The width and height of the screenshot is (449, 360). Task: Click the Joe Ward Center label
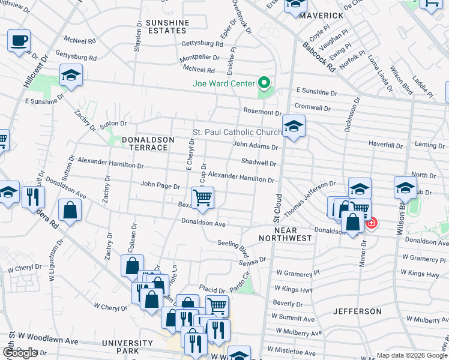[222, 83]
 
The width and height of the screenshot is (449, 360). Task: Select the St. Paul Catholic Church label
[237, 132]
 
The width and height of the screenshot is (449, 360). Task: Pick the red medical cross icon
[371, 223]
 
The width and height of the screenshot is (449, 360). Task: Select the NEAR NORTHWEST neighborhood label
[285, 234]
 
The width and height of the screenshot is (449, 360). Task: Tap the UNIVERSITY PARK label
[128, 347]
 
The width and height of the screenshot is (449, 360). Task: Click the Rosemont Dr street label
[262, 112]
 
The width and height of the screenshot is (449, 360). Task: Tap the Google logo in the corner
[19, 353]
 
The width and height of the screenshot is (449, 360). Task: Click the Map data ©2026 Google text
[412, 355]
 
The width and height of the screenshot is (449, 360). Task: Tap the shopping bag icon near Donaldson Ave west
[70, 211]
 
